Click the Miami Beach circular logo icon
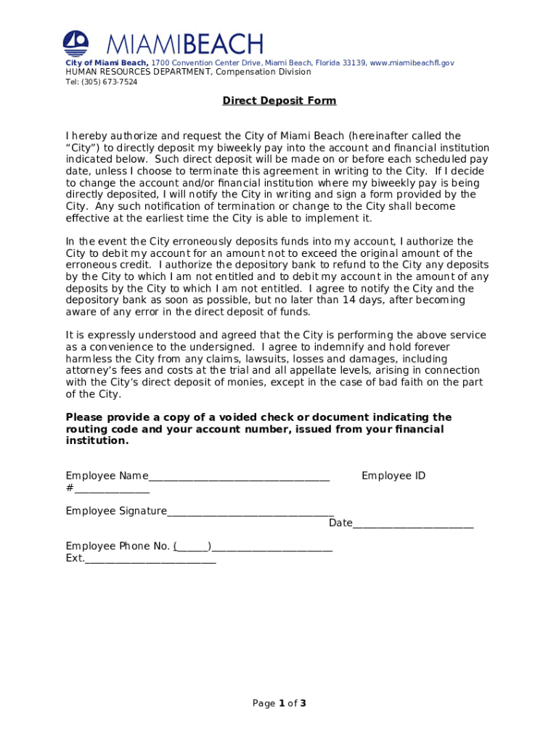[76, 44]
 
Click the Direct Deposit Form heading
[279, 101]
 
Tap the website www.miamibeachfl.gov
[412, 63]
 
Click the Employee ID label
[393, 476]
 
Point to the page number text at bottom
[279, 703]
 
